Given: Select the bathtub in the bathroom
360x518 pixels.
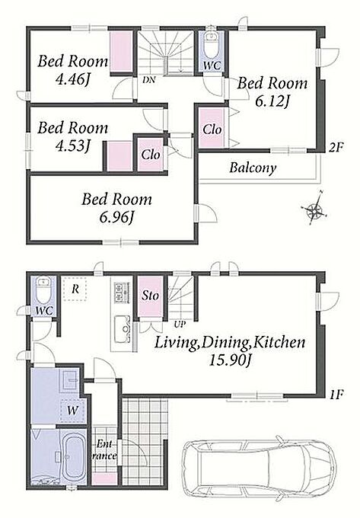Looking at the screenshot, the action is [x=72, y=459].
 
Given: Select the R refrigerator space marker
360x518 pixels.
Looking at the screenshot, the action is [x=75, y=289].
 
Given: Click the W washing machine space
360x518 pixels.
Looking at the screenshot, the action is [x=72, y=410].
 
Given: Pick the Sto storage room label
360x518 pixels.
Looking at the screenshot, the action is [x=150, y=296].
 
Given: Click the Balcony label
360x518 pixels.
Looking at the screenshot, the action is [x=253, y=168].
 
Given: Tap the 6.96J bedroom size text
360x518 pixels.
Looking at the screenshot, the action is [x=117, y=217].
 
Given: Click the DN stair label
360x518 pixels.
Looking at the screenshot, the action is [x=149, y=80].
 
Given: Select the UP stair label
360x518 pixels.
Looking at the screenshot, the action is [x=180, y=325].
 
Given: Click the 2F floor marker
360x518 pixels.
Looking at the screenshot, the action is [x=336, y=147].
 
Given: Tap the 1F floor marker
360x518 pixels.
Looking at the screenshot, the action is [x=336, y=395].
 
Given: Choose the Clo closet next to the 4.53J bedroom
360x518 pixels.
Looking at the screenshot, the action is [x=151, y=155].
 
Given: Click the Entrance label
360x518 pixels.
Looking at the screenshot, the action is [x=104, y=450].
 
